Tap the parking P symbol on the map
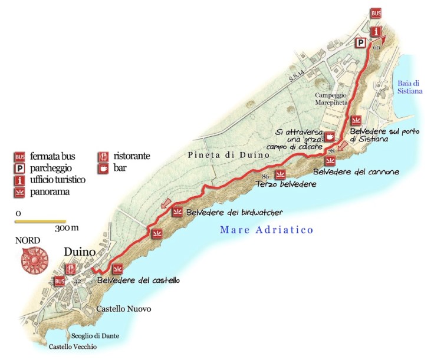point(359,42)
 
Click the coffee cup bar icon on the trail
point(330,137)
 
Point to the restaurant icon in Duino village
point(71,267)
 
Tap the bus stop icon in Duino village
point(59,281)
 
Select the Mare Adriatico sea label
point(267,230)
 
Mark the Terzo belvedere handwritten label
point(286,184)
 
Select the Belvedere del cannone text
point(356,172)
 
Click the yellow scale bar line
point(40,222)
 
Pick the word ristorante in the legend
point(131,157)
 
